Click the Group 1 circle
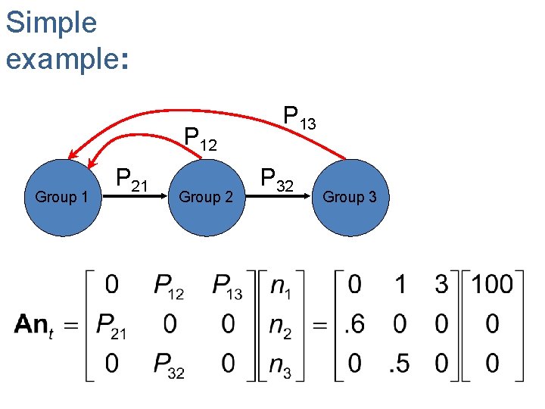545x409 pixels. tap(62, 198)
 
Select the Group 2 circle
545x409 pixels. tap(206, 198)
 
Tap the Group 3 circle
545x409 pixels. tap(350, 198)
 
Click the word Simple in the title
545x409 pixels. tap(51, 23)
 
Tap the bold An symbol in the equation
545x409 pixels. tap(32, 324)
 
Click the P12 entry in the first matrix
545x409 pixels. tap(170, 286)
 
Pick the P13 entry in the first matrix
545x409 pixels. tap(228, 286)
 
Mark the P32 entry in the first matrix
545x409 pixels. tap(170, 366)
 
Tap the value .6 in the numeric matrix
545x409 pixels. tap(353, 325)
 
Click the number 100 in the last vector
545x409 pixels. tap(492, 285)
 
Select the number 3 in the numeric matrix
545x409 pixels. tap(441, 285)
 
